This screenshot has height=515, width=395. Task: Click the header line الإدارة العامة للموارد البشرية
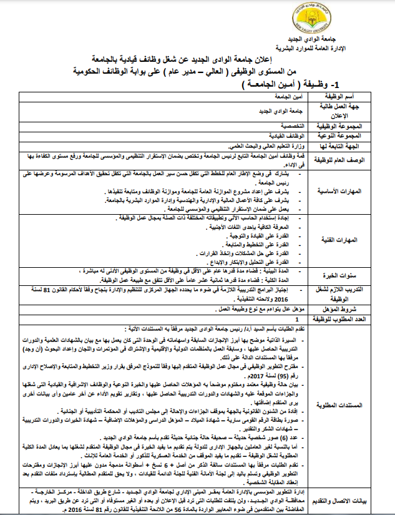[346, 47]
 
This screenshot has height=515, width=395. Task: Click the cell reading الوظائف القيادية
[293, 135]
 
